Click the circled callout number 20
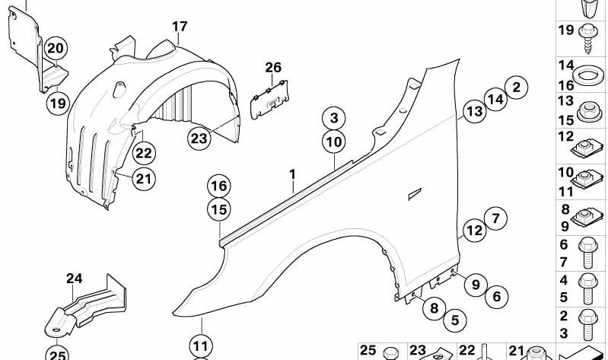[56, 49]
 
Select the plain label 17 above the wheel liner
[180, 27]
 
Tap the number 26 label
[273, 68]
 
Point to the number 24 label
[74, 279]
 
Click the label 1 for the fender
[292, 174]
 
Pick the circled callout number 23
[199, 138]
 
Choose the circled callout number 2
[516, 87]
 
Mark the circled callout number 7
[495, 218]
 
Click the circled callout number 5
[455, 320]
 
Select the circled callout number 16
[218, 186]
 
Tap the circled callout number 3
[334, 118]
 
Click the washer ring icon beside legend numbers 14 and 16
[588, 75]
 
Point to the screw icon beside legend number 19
[589, 38]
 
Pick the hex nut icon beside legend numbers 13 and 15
[589, 111]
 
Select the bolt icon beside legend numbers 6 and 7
[588, 253]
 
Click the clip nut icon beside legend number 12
[587, 147]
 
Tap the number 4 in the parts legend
[563, 280]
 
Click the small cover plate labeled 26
[269, 100]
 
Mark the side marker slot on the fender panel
[415, 194]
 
